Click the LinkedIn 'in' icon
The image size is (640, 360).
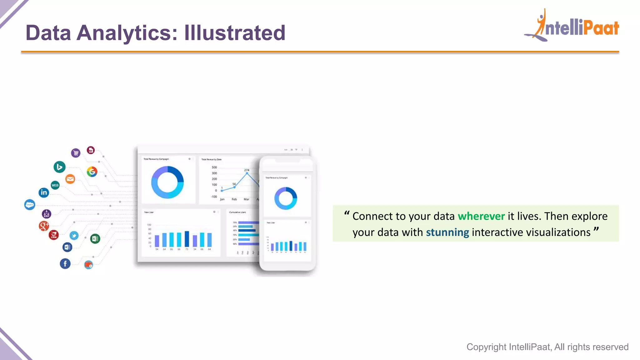tap(44, 192)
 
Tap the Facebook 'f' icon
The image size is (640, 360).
tap(65, 264)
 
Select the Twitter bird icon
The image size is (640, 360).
tap(74, 235)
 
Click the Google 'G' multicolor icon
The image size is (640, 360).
tap(92, 172)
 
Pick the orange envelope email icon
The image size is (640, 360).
tap(70, 179)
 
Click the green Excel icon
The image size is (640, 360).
tap(95, 239)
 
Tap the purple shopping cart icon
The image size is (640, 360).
tap(76, 153)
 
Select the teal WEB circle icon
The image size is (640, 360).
tap(55, 185)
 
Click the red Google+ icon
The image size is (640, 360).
tap(44, 225)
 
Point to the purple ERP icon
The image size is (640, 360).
tap(46, 214)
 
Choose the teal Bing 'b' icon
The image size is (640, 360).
tap(59, 167)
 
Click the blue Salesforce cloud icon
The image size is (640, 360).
tap(30, 205)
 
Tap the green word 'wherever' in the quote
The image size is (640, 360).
tap(481, 216)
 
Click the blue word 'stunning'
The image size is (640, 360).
tap(447, 232)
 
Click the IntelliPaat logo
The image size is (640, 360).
tap(572, 26)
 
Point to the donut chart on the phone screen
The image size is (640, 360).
tap(286, 198)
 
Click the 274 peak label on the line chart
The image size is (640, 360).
tap(247, 170)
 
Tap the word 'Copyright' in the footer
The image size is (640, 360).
tap(486, 347)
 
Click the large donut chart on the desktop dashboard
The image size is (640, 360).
tap(167, 182)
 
